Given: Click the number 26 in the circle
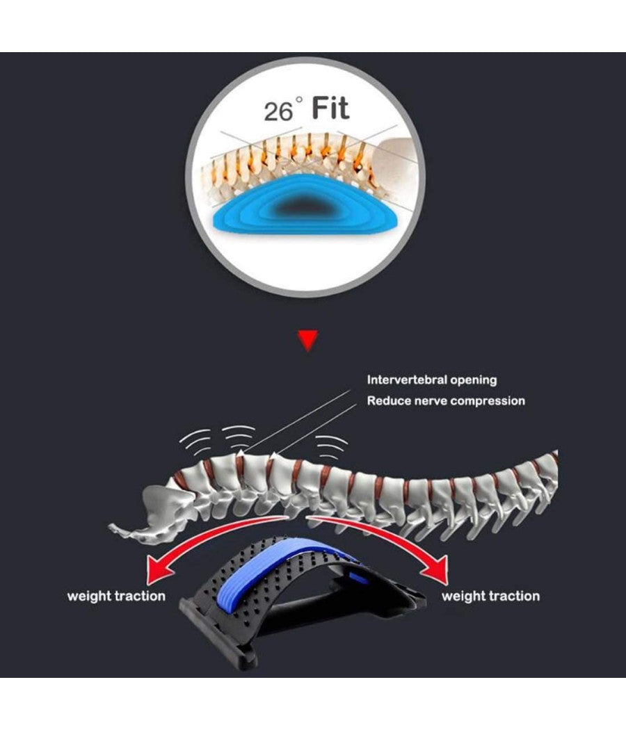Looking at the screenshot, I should click(x=278, y=111).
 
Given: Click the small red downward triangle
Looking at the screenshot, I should click(x=307, y=340).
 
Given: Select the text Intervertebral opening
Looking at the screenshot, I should click(x=432, y=380).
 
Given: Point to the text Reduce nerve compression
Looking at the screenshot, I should click(x=446, y=400).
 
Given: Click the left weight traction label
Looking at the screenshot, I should click(x=116, y=596).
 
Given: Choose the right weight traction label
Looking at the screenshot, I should click(x=490, y=596).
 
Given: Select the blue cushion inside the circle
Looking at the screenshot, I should click(x=306, y=209).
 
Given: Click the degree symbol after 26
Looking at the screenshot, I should click(x=299, y=100).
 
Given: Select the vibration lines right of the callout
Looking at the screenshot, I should click(x=331, y=445).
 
